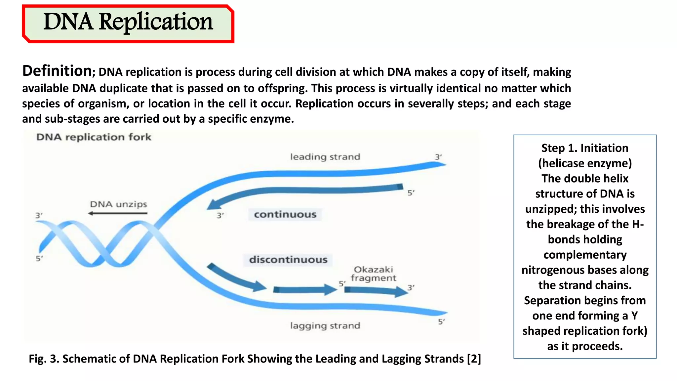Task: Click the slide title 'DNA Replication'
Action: (x=128, y=22)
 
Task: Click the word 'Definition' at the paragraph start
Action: (x=57, y=71)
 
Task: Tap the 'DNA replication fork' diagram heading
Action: (x=94, y=137)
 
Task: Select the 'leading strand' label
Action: (x=325, y=157)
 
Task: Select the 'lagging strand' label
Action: (x=325, y=326)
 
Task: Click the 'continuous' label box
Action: (x=285, y=215)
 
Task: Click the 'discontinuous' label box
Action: (x=288, y=260)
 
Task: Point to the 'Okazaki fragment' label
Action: (x=373, y=274)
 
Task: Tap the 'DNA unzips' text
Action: (x=118, y=204)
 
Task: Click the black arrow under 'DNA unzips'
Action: (x=118, y=213)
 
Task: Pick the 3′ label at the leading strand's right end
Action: (x=438, y=157)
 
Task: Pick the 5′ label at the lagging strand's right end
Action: (x=441, y=321)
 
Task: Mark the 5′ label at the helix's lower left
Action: (x=39, y=258)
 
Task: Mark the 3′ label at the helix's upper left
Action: (x=39, y=215)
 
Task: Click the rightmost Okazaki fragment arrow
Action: (x=376, y=291)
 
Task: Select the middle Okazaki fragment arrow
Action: (x=304, y=290)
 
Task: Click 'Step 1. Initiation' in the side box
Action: (x=584, y=148)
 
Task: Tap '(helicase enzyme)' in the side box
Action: (x=584, y=163)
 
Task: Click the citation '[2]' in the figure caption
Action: (x=474, y=359)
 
